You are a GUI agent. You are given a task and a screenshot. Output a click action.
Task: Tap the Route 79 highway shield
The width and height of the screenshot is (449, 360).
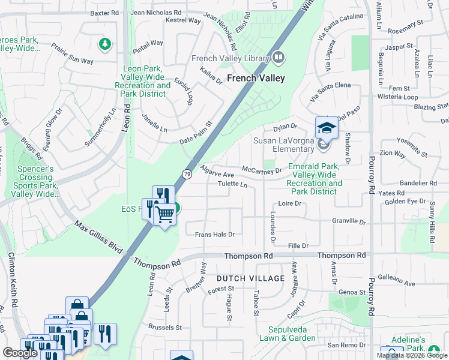coord(187,174)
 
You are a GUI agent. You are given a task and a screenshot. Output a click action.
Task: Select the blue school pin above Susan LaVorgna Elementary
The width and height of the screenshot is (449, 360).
coord(327,127)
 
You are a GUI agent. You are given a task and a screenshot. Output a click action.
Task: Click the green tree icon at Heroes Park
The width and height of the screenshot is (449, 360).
coord(105,43)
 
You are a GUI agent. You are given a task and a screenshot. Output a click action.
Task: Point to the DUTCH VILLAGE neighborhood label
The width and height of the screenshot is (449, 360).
coord(250,278)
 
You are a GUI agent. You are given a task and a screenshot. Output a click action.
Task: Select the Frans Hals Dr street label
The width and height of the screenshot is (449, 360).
coord(214,234)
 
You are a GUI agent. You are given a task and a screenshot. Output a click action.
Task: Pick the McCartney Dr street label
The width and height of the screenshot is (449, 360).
coord(262,170)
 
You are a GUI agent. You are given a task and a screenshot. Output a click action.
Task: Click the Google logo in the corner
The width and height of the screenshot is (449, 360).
coord(20,352)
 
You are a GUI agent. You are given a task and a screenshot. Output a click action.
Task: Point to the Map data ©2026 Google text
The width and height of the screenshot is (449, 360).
coord(412,355)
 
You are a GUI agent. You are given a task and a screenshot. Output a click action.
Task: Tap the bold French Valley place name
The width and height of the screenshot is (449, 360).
coord(256,78)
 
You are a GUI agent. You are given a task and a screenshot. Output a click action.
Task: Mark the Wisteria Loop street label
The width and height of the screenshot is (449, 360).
coord(397,97)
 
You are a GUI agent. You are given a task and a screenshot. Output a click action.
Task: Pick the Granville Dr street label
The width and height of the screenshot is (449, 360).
coord(349,221)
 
